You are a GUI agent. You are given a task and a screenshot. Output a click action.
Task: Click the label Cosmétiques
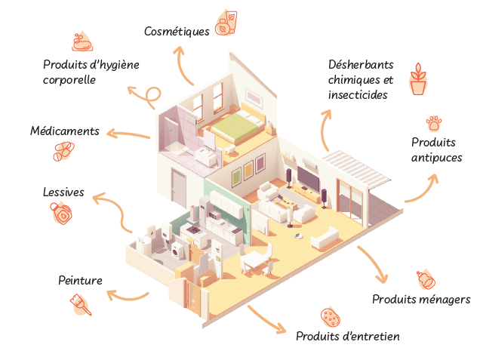click(x=176, y=31)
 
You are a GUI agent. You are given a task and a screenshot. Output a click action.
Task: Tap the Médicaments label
click(x=65, y=131)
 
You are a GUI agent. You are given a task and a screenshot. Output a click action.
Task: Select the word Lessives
click(x=63, y=192)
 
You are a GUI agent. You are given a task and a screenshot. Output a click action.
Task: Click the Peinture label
click(x=80, y=282)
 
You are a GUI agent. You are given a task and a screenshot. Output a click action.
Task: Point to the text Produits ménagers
click(x=421, y=300)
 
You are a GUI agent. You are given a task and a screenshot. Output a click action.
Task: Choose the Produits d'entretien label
click(x=347, y=336)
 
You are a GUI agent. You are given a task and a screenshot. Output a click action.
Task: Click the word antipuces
click(x=436, y=158)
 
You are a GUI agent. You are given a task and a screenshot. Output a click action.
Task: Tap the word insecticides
click(x=358, y=95)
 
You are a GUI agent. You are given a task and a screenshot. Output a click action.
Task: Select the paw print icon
click(x=434, y=122)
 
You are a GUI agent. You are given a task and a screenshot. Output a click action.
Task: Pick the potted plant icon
click(x=417, y=79)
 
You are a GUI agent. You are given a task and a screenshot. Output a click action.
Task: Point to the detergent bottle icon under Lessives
click(x=65, y=216)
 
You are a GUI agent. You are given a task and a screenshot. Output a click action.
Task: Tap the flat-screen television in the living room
click(x=309, y=178)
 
